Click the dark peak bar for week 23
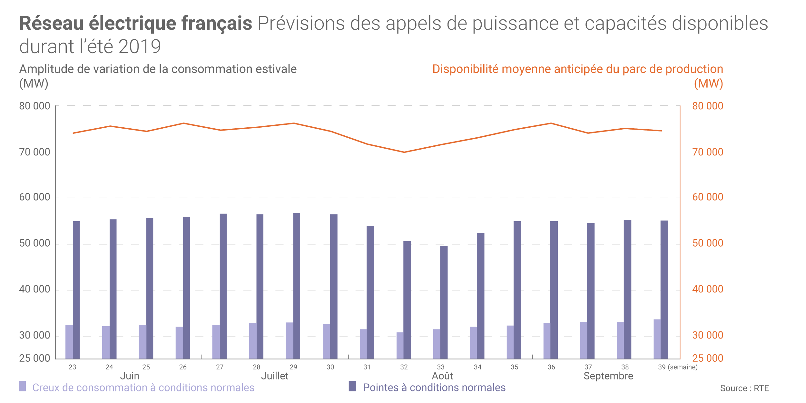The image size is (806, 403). [x=76, y=290]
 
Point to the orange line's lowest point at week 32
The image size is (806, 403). [x=404, y=152]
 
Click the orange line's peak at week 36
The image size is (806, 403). [x=551, y=123]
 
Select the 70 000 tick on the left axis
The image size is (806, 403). [x=34, y=152]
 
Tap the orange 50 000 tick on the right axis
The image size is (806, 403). [x=708, y=243]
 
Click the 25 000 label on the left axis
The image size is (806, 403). [x=34, y=358]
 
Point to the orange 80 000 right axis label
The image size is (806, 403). [x=708, y=106]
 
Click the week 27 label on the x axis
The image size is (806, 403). [x=220, y=367]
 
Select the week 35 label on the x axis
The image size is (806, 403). [x=515, y=367]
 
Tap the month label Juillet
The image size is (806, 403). [x=275, y=376]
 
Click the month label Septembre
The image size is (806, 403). [x=608, y=376]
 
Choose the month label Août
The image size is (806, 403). [x=442, y=376]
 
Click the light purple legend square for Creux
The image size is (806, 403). [x=22, y=386]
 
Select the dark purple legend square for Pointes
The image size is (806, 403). [x=352, y=386]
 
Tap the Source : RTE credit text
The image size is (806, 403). [x=744, y=388]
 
